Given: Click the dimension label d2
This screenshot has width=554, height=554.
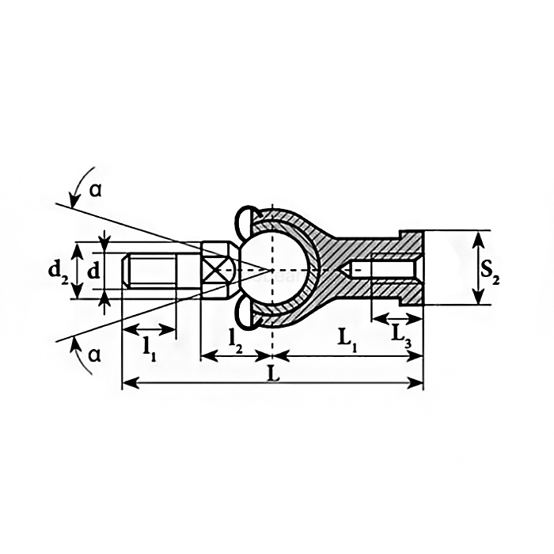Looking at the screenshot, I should click(x=57, y=271).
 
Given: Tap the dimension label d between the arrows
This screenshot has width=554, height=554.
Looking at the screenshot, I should click(x=93, y=271).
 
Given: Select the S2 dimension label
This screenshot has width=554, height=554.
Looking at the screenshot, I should click(x=491, y=271).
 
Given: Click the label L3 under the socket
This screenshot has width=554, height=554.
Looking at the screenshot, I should click(x=401, y=336).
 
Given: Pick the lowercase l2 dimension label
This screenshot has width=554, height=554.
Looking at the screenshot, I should click(x=236, y=338).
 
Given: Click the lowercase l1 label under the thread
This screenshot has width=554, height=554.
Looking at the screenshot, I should click(x=149, y=346).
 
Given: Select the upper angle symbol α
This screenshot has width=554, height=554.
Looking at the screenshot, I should click(x=96, y=191).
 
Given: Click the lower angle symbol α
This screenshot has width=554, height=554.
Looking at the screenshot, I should click(x=95, y=355).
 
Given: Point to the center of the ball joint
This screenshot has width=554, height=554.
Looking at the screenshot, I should click(x=272, y=270).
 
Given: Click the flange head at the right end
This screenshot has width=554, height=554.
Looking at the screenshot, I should click(x=412, y=269).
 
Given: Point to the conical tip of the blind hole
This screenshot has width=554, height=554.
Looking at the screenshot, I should click(x=348, y=270).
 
